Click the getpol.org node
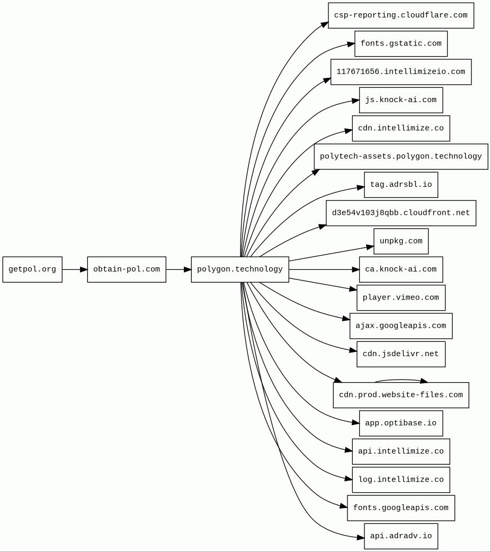click(x=32, y=269)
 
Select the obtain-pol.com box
click(x=127, y=269)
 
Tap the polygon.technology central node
click(x=240, y=269)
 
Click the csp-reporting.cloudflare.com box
click(x=400, y=15)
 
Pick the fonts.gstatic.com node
click(x=400, y=43)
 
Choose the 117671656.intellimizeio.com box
click(x=400, y=72)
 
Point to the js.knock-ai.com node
click(x=400, y=100)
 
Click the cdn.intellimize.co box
click(x=400, y=129)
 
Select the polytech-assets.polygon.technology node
click(x=400, y=157)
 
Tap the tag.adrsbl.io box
click(x=400, y=185)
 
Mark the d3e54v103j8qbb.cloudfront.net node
click(x=400, y=213)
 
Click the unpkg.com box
click(x=400, y=241)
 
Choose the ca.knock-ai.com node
click(x=400, y=269)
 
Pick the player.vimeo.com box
click(x=400, y=297)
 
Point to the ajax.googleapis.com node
click(x=400, y=326)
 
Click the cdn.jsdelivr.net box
click(x=400, y=354)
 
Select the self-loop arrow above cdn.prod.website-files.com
click(x=401, y=380)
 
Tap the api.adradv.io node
click(x=400, y=536)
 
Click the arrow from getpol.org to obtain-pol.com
click(x=75, y=269)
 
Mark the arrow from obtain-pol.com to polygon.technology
click(x=178, y=269)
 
